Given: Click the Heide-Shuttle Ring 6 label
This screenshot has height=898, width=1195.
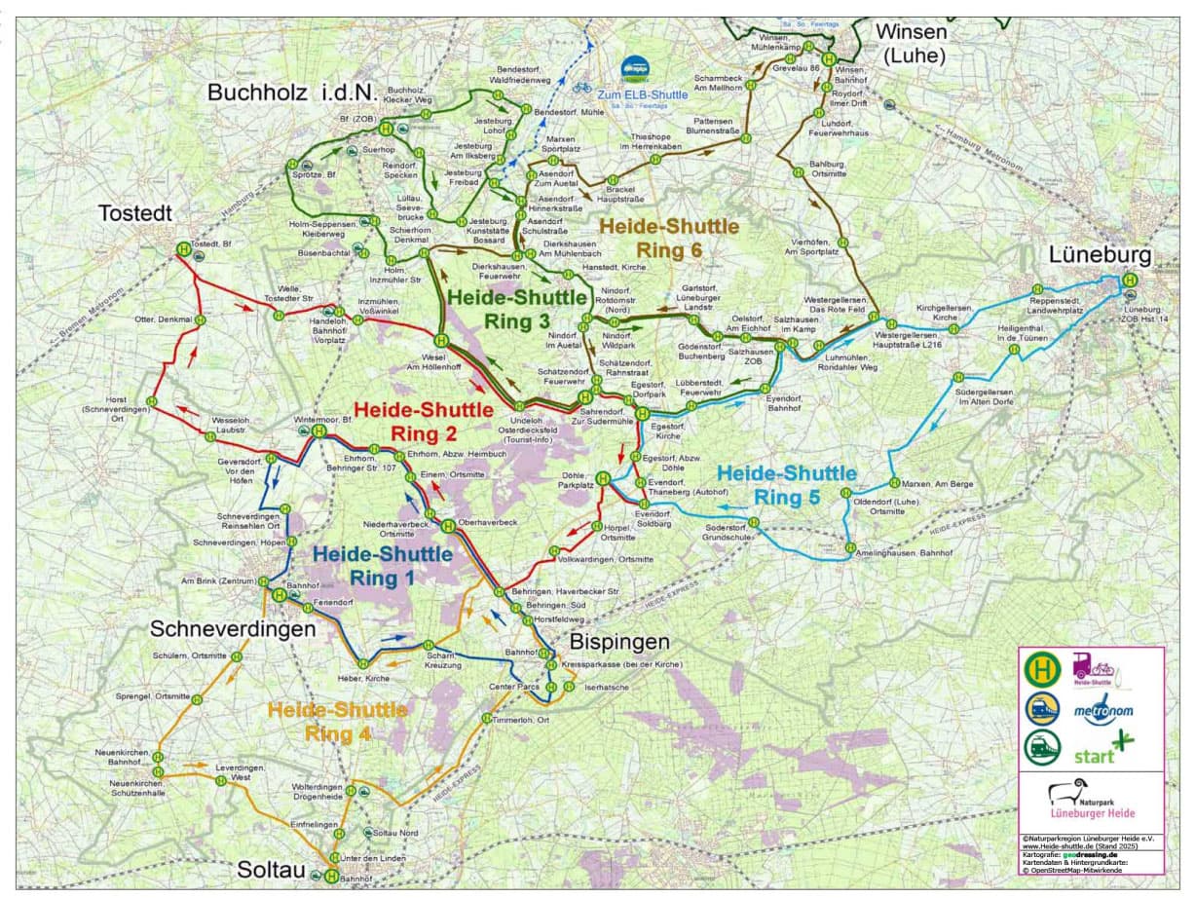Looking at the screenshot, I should (668, 238).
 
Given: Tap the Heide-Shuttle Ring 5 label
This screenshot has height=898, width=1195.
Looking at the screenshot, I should (787, 484).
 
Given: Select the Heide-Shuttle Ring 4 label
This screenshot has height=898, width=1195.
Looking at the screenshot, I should (337, 721).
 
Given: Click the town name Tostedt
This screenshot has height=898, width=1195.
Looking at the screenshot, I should (134, 213).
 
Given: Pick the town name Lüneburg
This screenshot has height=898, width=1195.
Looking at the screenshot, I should (1100, 255).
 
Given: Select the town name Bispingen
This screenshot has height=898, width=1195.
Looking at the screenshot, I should (619, 642).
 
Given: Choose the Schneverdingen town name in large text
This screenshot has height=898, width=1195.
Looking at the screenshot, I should (233, 629).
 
